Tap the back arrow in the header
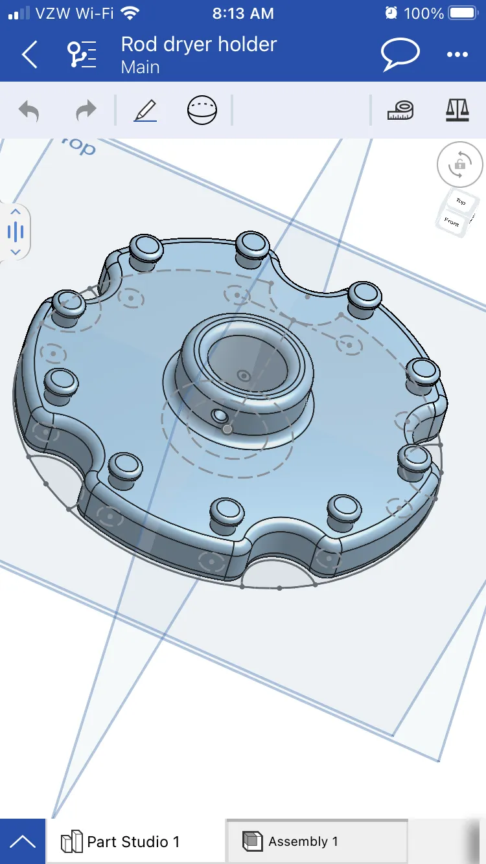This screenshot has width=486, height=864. (30, 55)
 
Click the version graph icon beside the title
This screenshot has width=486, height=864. (82, 55)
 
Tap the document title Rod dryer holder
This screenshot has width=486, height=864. (198, 44)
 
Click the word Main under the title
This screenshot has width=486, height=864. (140, 67)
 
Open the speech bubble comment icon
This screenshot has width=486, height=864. (400, 54)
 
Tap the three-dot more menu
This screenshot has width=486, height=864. (457, 55)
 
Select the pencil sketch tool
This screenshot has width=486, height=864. (145, 110)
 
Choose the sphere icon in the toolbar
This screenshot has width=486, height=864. (202, 110)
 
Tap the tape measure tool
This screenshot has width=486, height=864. (400, 110)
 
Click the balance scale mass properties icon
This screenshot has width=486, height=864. (457, 110)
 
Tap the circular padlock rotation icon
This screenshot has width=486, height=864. (459, 165)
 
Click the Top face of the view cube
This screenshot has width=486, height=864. (460, 202)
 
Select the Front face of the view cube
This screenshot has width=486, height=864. (452, 222)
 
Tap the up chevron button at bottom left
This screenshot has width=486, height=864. (23, 842)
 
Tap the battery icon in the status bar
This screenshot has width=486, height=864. (463, 13)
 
